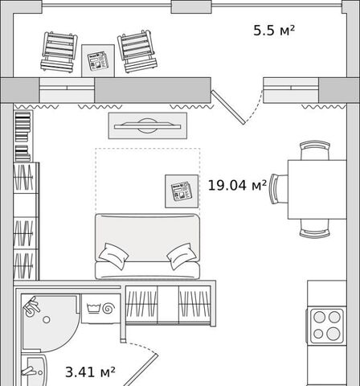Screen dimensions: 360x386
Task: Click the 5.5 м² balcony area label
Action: [274, 31]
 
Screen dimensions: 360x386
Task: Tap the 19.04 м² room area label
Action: [237, 185]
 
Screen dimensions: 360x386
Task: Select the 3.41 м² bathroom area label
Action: [90, 372]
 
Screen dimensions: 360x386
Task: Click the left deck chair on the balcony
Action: [59, 51]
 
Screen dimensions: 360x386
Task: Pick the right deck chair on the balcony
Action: [137, 51]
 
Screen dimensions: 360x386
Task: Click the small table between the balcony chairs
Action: [98, 61]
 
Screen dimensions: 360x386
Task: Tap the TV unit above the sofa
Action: [148, 125]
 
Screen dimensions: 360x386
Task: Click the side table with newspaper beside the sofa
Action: [182, 191]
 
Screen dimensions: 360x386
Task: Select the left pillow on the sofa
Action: [113, 256]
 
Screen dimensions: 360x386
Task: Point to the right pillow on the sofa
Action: [182, 256]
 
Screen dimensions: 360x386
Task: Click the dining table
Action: [317, 190]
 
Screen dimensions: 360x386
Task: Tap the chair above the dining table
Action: [315, 150]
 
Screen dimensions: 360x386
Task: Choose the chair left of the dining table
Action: [279, 189]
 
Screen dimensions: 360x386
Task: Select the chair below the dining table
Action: [315, 228]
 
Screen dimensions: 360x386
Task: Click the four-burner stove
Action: [326, 326]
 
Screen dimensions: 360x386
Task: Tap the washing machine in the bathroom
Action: [100, 309]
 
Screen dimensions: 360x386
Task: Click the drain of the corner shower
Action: [47, 319]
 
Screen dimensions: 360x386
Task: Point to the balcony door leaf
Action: [228, 107]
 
